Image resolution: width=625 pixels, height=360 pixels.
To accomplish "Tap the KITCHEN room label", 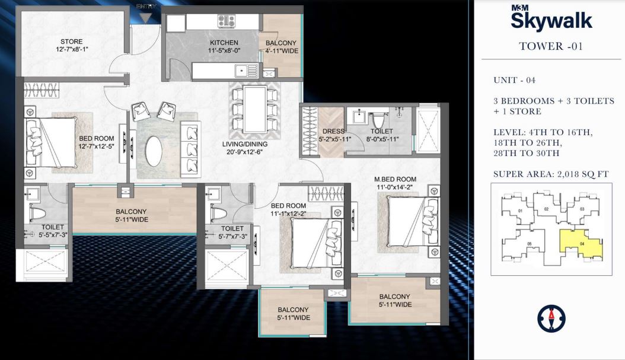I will (x=224, y=43).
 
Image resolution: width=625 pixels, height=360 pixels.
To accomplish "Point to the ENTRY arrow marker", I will (x=145, y=17).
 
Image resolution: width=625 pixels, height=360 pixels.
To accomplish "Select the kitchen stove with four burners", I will (x=225, y=21).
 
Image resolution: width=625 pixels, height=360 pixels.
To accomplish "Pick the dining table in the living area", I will (x=254, y=110).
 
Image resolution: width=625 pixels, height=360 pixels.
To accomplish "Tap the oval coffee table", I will (x=154, y=152).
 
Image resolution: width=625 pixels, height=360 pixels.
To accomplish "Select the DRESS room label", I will (x=334, y=131).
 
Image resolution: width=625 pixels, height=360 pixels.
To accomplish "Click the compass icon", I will (x=551, y=318).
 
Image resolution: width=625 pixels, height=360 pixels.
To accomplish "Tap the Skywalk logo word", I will (x=551, y=21).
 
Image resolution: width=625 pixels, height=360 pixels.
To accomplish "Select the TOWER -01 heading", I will (x=551, y=46).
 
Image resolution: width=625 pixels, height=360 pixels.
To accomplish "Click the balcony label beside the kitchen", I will (x=281, y=43).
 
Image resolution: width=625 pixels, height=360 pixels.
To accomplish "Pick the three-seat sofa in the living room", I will (x=191, y=146).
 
